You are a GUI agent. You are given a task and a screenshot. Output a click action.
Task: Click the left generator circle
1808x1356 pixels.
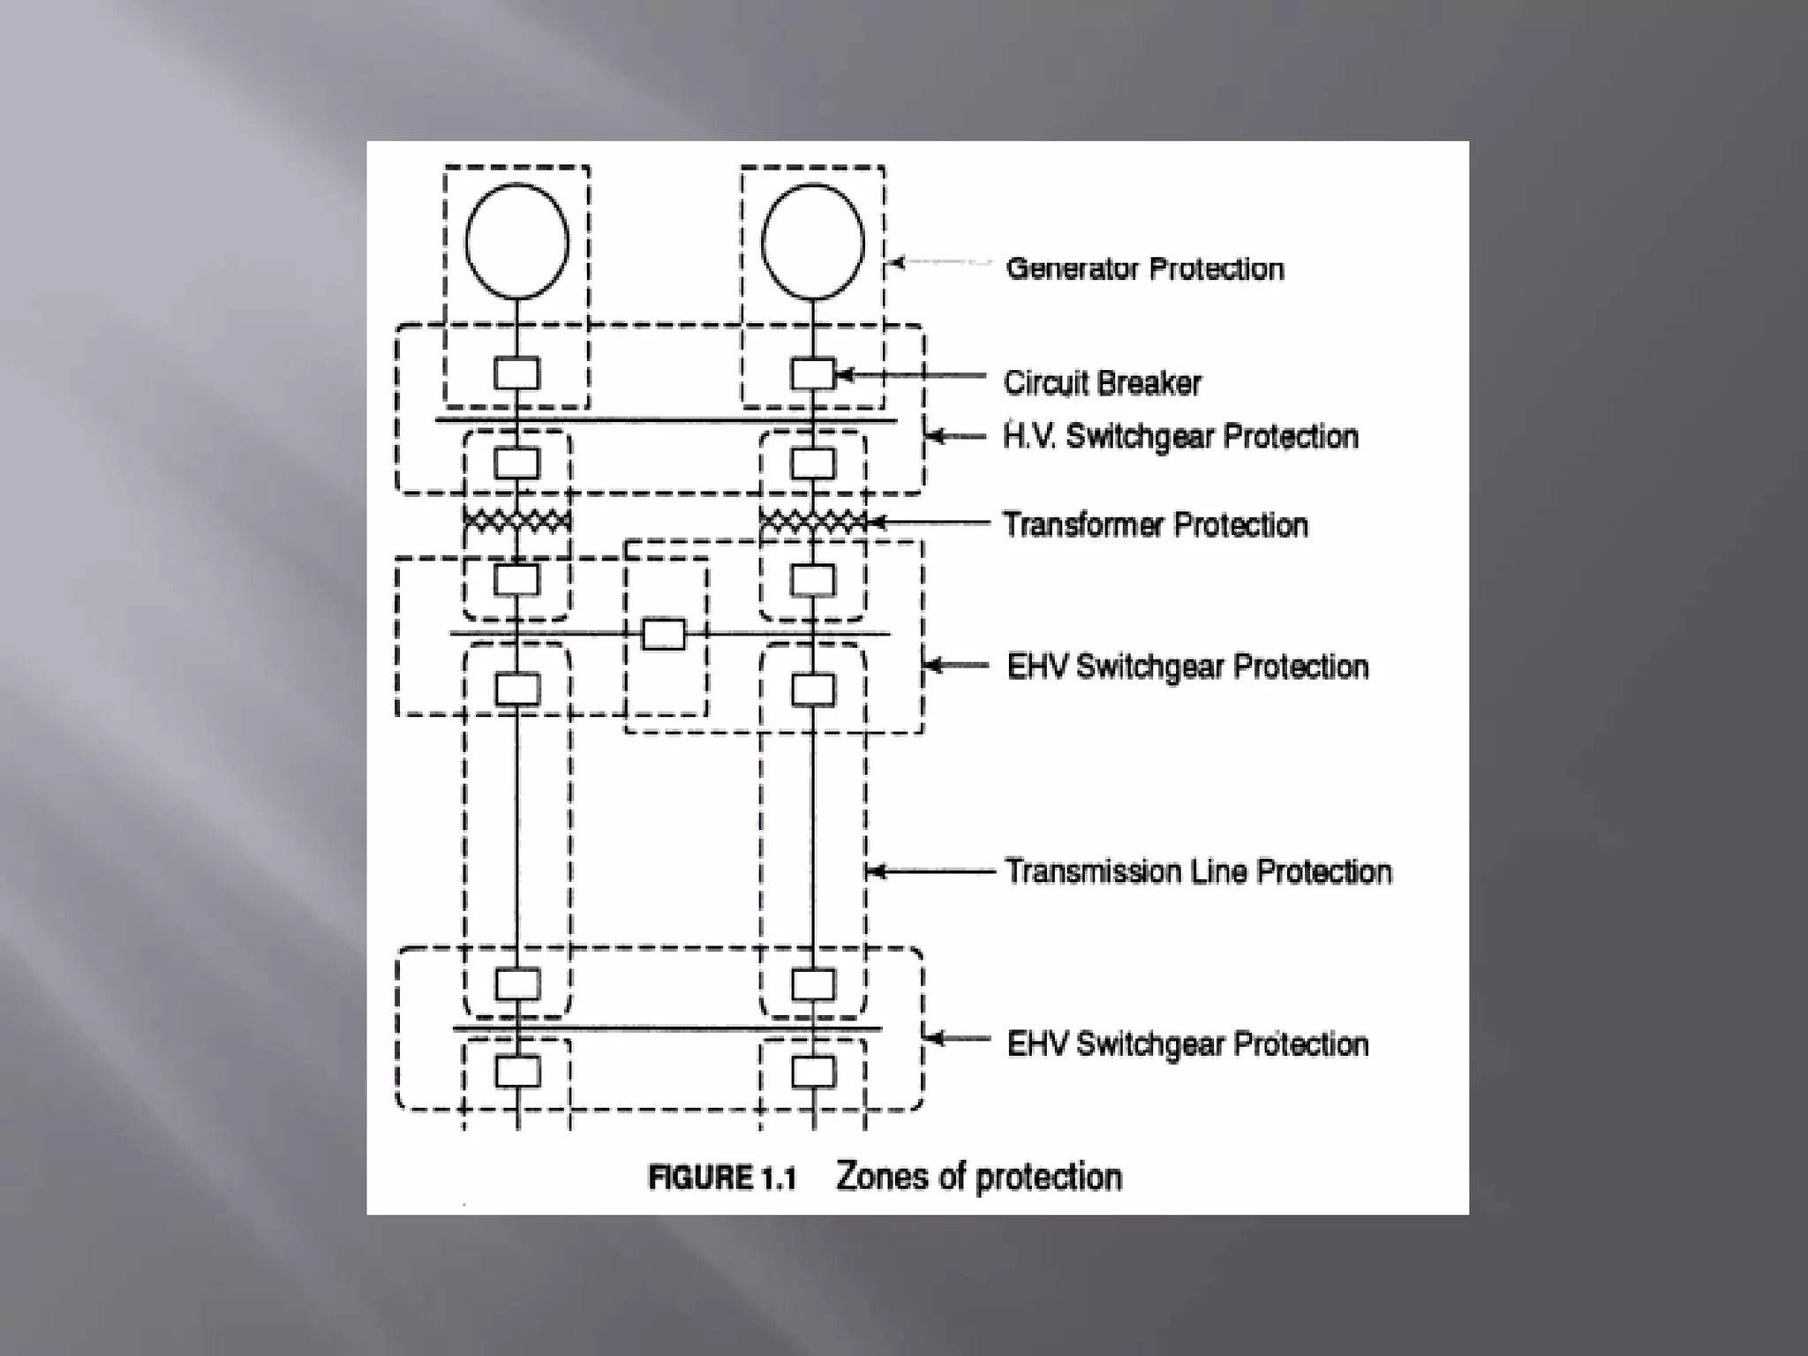[x=517, y=241]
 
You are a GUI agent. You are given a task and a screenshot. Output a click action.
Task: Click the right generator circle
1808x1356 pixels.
[x=813, y=241]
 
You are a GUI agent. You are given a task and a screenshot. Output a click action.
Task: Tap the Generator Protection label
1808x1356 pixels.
[x=1145, y=268]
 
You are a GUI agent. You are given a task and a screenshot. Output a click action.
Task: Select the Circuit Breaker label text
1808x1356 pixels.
[x=1102, y=382]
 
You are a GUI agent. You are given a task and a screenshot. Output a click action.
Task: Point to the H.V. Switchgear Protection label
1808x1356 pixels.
[x=1180, y=436]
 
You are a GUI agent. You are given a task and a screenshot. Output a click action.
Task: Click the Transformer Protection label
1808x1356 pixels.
[x=1155, y=524]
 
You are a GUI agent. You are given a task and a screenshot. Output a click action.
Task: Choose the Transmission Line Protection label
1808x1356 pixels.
[x=1198, y=871]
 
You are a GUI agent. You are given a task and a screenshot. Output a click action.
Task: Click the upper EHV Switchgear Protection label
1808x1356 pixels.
[x=1187, y=667]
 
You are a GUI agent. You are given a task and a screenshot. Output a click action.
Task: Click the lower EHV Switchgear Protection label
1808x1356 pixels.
[x=1187, y=1043]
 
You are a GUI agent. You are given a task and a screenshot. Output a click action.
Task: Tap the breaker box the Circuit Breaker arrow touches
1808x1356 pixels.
[x=812, y=373]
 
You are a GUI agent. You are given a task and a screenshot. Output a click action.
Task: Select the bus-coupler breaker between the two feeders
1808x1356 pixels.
[x=663, y=634]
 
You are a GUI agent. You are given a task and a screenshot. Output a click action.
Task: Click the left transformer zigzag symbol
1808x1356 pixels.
[x=517, y=521]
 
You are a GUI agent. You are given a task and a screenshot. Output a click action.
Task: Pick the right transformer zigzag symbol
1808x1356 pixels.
[x=812, y=522]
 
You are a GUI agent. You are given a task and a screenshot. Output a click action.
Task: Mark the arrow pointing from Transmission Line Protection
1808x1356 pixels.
[x=931, y=872]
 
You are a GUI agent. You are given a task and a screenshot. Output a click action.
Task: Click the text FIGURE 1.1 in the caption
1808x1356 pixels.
[x=722, y=1178]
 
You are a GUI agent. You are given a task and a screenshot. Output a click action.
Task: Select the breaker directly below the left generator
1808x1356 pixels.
[x=516, y=373]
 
